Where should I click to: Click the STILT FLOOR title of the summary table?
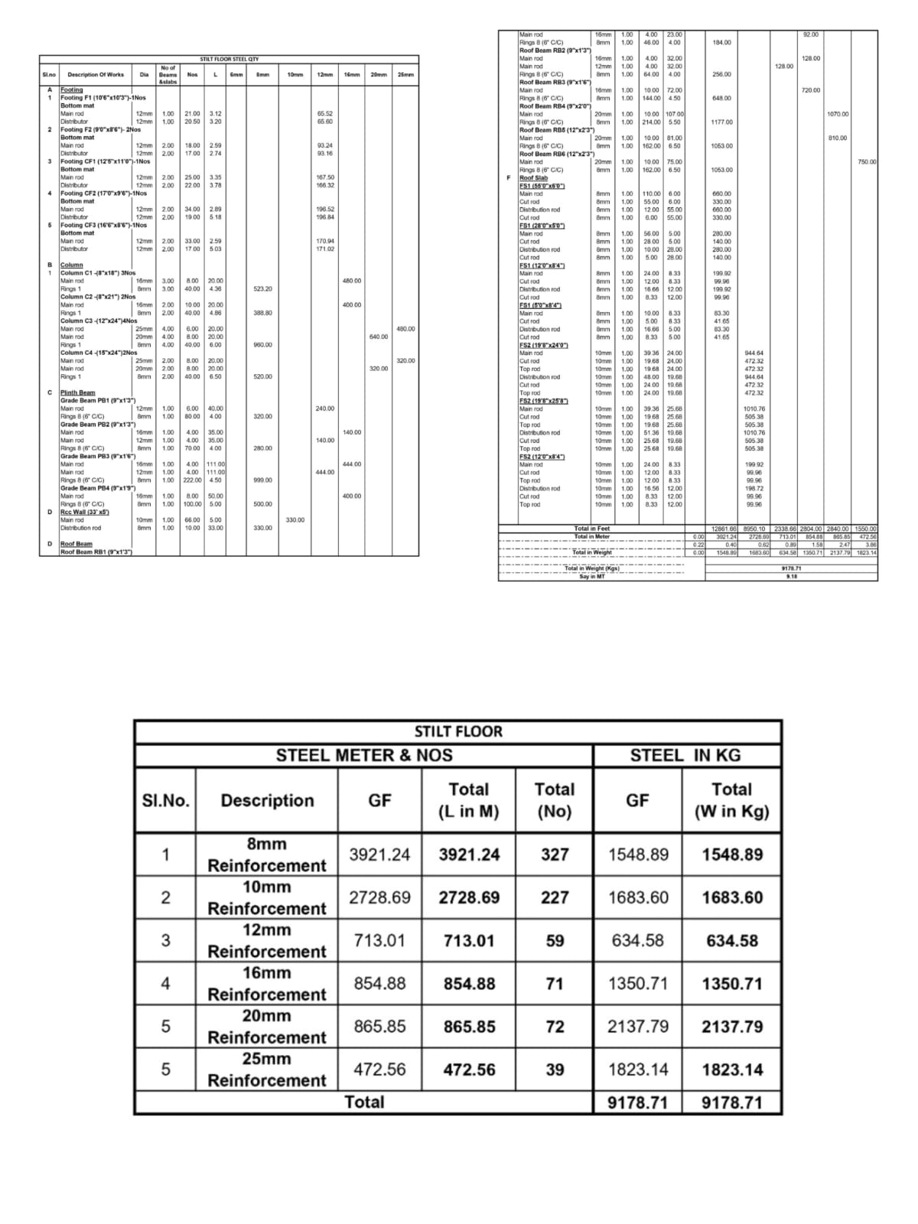pos(457,731)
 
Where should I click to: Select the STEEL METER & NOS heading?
pos(364,756)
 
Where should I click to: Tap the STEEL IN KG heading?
pos(685,756)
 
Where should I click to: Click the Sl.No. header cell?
pos(166,800)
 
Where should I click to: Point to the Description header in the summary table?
pos(267,800)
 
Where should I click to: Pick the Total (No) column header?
pos(554,800)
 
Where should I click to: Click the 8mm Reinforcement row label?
pos(267,855)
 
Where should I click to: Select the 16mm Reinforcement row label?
pos(267,984)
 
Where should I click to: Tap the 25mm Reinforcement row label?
pos(267,1069)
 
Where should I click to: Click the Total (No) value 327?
pos(555,855)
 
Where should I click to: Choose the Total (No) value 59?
pos(555,941)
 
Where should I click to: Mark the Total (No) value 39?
pos(555,1069)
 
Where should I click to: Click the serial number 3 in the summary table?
pos(165,941)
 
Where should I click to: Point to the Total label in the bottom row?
pos(364,1102)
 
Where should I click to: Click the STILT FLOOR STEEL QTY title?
pos(229,59)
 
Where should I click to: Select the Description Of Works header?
pos(96,74)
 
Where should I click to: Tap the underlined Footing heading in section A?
pos(72,90)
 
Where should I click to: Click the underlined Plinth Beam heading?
pos(78,392)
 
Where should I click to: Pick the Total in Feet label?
pos(592,529)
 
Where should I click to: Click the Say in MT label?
pos(592,577)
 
